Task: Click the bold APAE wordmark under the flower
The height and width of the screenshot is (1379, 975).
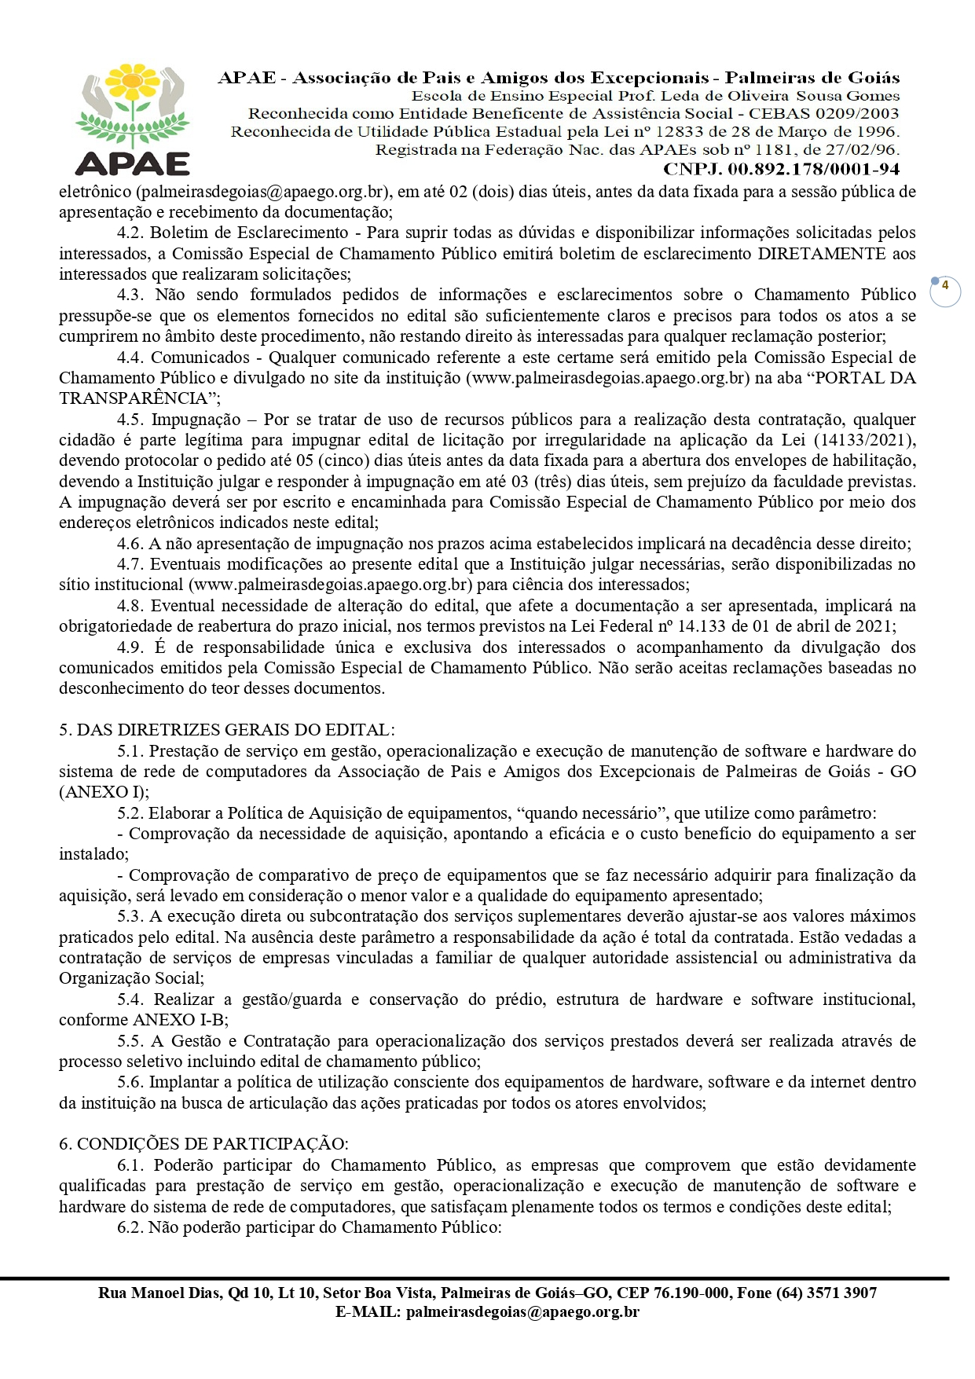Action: click(x=133, y=163)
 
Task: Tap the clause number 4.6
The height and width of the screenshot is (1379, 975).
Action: click(x=130, y=544)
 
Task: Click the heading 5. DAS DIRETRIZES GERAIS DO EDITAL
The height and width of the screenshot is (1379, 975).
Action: click(x=227, y=730)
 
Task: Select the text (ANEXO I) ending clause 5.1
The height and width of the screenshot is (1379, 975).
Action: click(x=104, y=792)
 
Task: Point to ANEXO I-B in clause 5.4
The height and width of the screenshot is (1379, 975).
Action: click(x=180, y=1020)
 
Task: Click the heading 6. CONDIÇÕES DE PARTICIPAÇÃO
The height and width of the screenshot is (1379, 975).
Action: click(x=204, y=1144)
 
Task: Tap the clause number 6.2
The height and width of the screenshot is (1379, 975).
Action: click(x=130, y=1227)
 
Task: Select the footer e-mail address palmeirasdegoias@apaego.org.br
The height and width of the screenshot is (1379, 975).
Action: click(x=522, y=1312)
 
